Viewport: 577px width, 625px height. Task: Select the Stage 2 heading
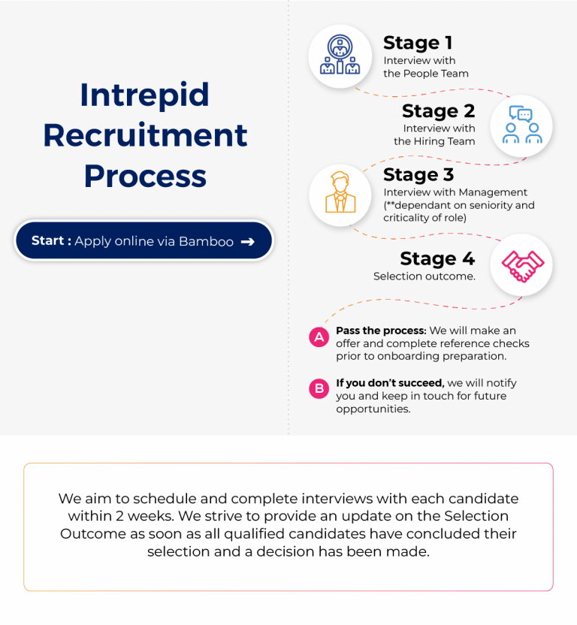coord(438,111)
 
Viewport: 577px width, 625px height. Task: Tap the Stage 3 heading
coord(418,175)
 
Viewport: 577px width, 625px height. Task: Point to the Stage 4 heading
coord(437,258)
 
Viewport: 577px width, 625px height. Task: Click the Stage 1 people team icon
coord(340,56)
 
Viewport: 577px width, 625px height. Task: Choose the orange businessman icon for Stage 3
coord(340,194)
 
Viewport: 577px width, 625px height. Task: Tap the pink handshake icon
coord(521,265)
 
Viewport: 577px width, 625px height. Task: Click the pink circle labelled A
coord(319,337)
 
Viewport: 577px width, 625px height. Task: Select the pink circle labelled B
coord(319,388)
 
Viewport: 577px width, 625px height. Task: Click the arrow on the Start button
coord(247,241)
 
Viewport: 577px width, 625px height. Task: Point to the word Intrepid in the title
coord(144,95)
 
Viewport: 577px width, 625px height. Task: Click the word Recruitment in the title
coord(144,135)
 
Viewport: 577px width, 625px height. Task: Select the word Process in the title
coord(144,176)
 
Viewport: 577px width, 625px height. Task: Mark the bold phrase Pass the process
coord(381,331)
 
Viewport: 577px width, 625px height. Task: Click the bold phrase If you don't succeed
coord(389,383)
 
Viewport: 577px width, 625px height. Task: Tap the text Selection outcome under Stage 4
coord(424,276)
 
